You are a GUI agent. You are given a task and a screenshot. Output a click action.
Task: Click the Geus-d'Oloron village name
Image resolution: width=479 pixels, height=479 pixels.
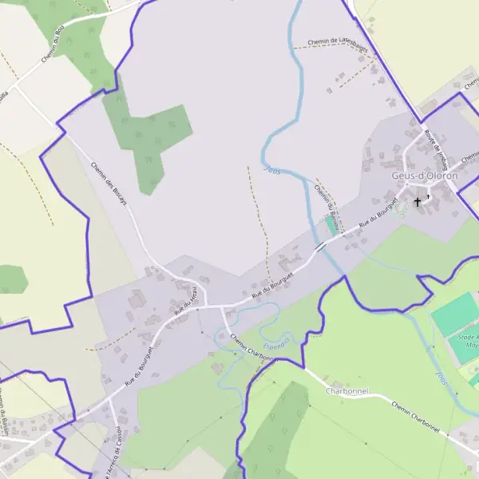(425, 176)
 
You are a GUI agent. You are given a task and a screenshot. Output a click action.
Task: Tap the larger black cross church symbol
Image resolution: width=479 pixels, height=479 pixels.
(417, 202)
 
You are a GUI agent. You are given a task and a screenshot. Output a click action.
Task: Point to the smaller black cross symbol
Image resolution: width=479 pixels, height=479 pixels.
(428, 196)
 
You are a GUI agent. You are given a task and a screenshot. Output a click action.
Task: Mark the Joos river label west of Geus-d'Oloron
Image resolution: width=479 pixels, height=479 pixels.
(271, 171)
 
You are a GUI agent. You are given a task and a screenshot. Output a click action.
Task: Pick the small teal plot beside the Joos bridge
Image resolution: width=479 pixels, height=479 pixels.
(331, 225)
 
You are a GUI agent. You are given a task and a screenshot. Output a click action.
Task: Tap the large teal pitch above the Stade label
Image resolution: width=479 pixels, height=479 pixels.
(455, 314)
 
